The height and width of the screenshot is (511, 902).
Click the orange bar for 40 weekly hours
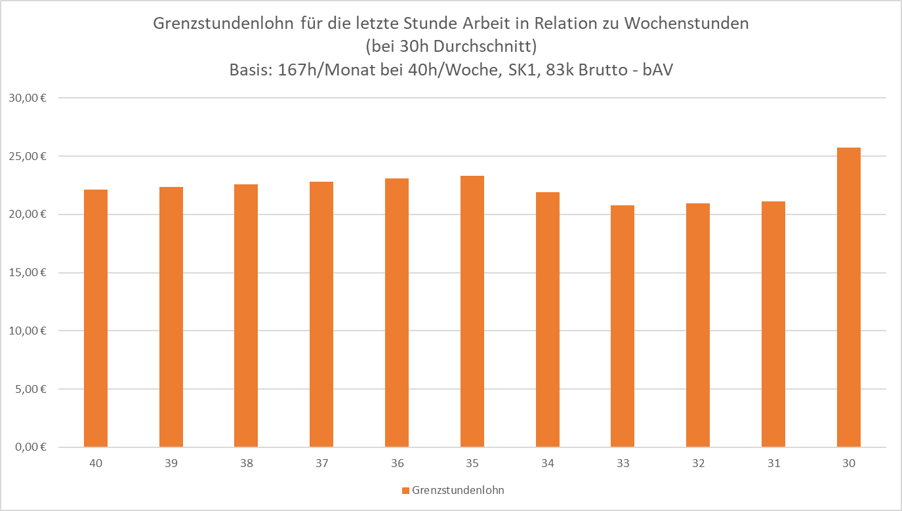coord(96,318)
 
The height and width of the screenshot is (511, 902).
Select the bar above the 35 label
coord(472,312)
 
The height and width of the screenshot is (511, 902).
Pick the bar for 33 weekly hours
coord(623,326)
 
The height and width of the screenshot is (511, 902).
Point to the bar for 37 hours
coord(321,314)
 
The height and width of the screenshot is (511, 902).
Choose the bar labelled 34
coord(548,319)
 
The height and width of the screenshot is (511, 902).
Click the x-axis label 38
coord(247,464)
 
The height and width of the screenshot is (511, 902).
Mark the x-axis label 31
coord(774,464)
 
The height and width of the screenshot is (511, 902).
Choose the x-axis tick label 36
coord(398,464)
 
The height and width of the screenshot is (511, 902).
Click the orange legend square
coord(405,491)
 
